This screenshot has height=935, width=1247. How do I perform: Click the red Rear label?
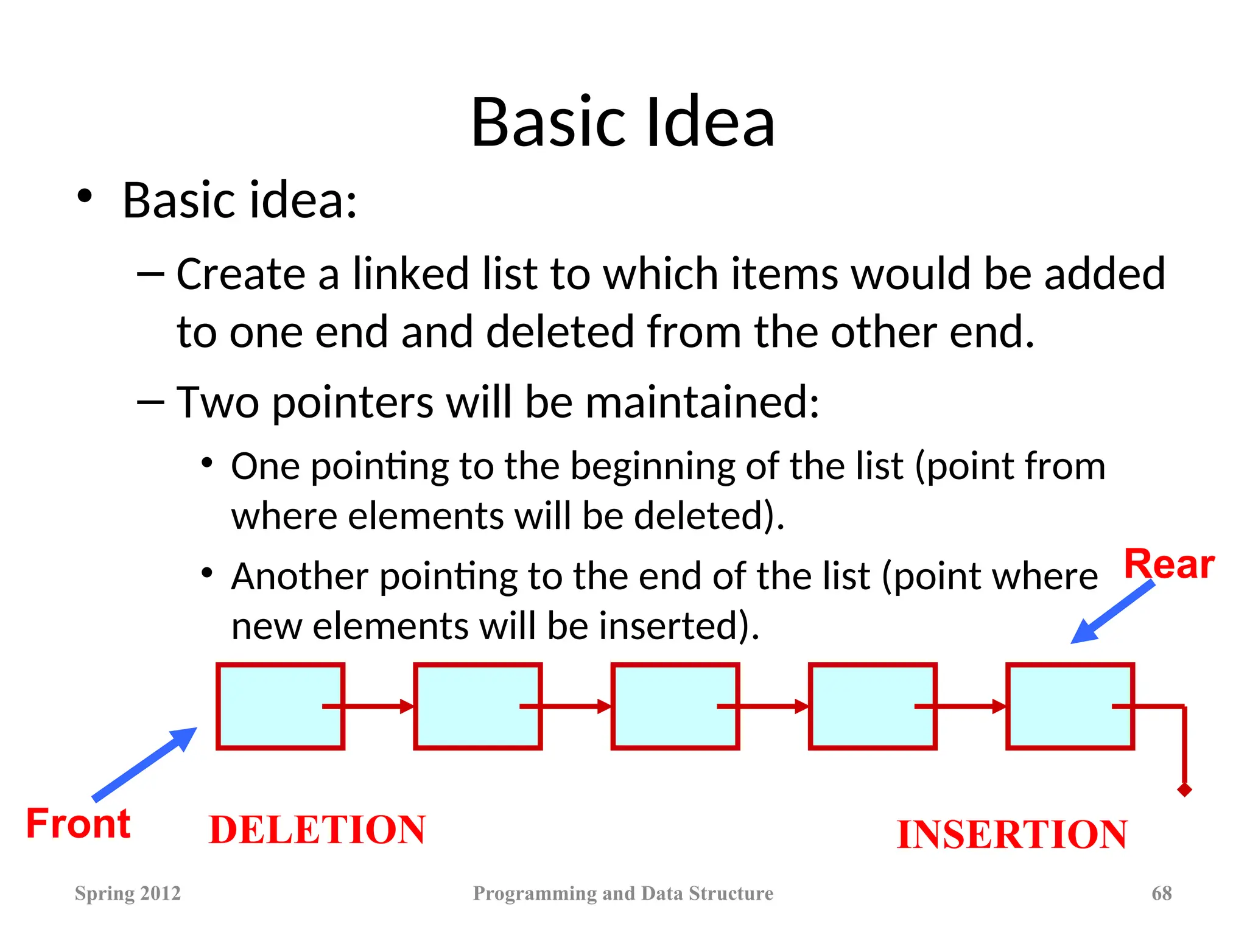[1168, 564]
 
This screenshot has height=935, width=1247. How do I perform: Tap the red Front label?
[78, 824]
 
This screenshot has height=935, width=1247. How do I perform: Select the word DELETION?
[317, 830]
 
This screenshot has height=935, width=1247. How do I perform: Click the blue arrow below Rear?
[1111, 612]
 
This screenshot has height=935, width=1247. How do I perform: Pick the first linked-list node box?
[280, 706]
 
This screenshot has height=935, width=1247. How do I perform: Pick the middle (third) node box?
[675, 706]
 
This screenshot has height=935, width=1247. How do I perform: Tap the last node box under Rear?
[1069, 706]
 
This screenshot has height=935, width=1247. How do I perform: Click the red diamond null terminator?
[1184, 790]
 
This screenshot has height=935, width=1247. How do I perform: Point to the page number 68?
[1161, 893]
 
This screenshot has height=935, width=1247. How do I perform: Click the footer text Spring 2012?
[127, 893]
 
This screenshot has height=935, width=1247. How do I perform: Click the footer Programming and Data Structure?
[623, 893]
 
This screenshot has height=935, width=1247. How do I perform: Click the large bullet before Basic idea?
[85, 196]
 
